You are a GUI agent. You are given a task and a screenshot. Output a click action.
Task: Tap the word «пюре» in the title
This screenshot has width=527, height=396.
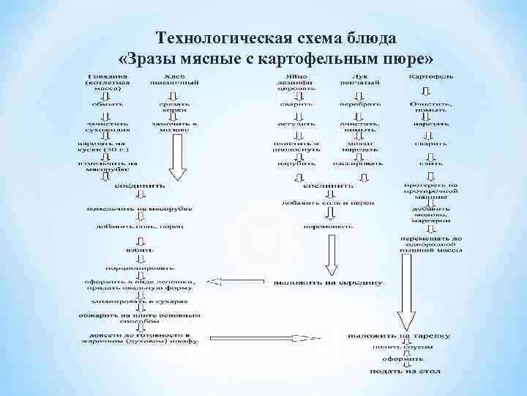pyautogui.click(x=399, y=57)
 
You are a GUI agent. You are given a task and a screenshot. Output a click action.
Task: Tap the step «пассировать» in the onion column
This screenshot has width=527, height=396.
pyautogui.click(x=359, y=162)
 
